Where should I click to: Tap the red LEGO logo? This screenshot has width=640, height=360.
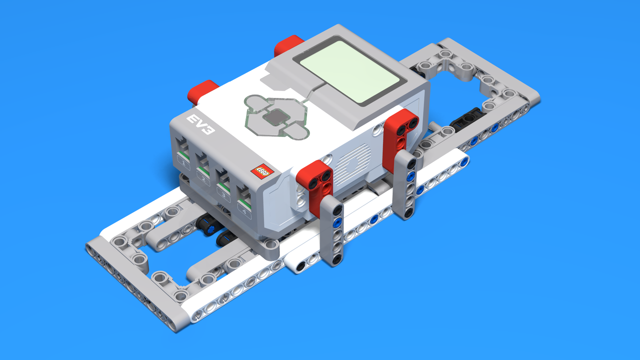click(x=262, y=171)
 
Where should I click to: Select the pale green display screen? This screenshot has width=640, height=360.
click(x=350, y=71)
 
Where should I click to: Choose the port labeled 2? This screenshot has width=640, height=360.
click(x=202, y=167)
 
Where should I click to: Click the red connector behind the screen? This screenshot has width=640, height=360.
click(x=288, y=45)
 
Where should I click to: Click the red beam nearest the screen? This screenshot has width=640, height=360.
click(x=400, y=135)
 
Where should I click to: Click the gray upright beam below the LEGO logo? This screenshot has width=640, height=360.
click(x=334, y=230)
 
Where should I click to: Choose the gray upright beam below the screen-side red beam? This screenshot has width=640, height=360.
click(x=406, y=184)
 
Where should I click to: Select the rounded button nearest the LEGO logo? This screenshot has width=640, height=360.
click(x=295, y=131)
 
